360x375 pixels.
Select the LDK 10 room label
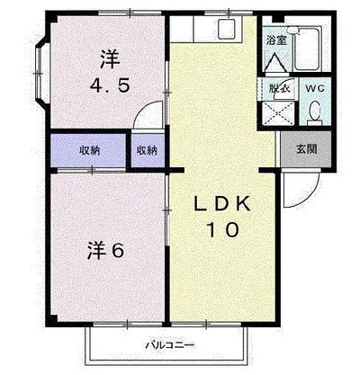coord(220,217)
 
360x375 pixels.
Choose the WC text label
coord(313,89)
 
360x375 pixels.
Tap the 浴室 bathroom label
coord(276,41)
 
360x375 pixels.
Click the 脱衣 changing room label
coord(278,89)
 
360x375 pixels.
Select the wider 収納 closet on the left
coord(88,150)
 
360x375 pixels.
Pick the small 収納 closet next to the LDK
coord(147,150)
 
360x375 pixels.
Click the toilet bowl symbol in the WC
coord(314,112)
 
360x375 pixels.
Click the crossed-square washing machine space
coord(277,113)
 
